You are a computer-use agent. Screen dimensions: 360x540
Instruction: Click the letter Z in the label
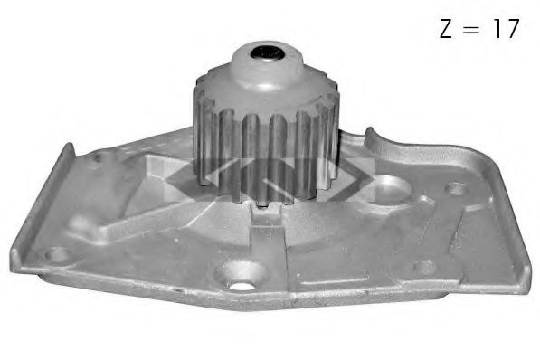(447, 28)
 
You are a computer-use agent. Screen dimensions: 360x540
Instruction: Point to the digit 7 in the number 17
(513, 28)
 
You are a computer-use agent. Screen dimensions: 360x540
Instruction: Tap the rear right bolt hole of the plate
(458, 190)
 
